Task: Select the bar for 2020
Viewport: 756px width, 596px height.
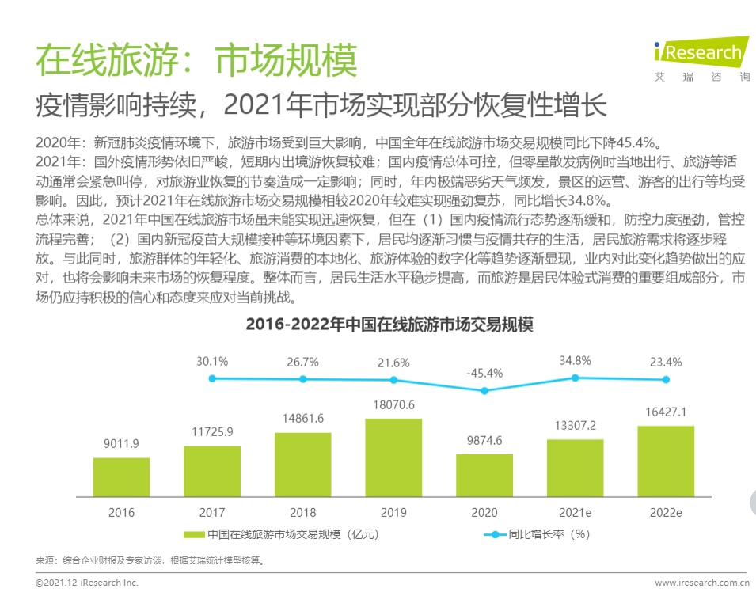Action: coord(484,475)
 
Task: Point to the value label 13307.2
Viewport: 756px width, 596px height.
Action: coord(575,427)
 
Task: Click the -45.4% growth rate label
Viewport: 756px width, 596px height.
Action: coord(484,373)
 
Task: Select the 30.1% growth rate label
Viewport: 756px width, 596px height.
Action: coord(212,361)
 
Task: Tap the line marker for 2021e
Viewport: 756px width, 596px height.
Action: coord(576,378)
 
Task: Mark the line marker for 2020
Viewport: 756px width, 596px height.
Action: coord(484,390)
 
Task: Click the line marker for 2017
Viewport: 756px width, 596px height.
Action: coord(212,378)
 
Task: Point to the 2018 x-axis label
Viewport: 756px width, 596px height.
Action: coord(302,512)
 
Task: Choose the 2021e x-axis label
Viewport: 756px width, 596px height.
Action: coord(576,512)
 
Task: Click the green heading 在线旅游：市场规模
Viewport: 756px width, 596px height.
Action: coord(197,60)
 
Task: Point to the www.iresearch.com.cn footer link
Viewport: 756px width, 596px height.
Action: coord(701,583)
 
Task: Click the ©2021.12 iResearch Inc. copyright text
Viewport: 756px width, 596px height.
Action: coord(87,583)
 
